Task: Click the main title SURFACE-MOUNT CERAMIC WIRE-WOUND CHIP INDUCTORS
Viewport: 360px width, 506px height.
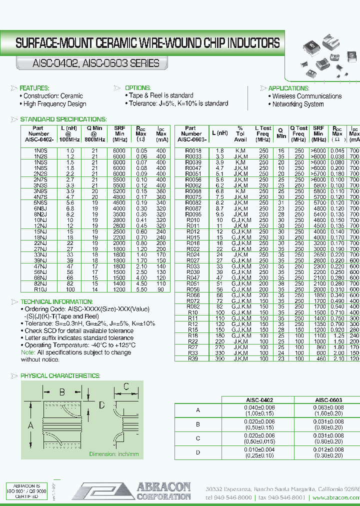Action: (x=147, y=43)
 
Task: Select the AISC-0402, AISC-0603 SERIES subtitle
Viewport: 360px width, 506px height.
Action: (x=88, y=63)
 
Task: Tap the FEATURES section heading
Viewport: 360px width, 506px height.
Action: (x=34, y=88)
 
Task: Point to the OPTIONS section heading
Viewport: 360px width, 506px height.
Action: (x=137, y=88)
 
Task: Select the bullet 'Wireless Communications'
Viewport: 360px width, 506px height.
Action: (x=307, y=96)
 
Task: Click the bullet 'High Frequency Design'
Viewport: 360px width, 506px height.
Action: (x=55, y=104)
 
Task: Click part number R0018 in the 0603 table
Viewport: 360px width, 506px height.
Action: (x=193, y=150)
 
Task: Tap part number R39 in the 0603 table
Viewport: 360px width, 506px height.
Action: (x=193, y=359)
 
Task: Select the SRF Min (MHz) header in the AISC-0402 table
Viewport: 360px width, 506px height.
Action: (x=119, y=133)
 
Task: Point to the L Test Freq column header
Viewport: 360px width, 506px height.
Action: (x=263, y=133)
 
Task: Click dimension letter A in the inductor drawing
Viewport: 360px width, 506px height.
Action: (x=30, y=425)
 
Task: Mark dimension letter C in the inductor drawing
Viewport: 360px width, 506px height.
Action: (x=126, y=386)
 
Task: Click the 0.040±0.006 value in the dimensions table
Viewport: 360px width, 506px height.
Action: (x=259, y=407)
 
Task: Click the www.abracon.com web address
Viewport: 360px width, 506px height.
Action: (x=335, y=498)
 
